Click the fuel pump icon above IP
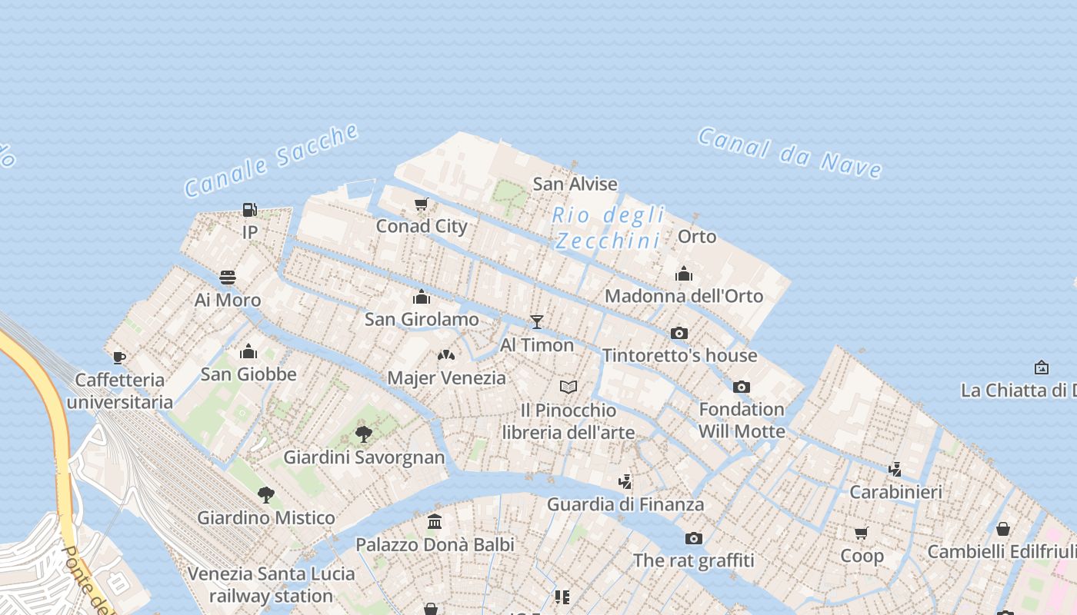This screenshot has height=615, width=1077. point(249,209)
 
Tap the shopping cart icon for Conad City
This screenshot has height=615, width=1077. point(421,204)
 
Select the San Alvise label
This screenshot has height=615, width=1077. point(575,184)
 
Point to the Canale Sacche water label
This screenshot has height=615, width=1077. point(271,160)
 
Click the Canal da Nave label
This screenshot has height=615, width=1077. point(789,153)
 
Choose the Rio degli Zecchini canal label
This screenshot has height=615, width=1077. point(608,228)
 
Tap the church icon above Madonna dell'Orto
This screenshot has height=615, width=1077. point(684,274)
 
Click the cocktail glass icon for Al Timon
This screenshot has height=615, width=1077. point(537,322)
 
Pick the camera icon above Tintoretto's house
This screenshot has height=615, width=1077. point(679,333)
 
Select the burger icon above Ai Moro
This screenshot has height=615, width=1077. point(227,277)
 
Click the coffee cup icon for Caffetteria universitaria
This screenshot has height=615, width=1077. point(118,357)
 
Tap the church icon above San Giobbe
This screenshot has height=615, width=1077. point(248,351)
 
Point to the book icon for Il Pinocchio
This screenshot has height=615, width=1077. point(569,387)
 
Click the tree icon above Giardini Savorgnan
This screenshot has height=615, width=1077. point(364,434)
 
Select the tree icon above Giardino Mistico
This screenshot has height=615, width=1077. point(266,494)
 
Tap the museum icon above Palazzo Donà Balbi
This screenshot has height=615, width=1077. point(435,521)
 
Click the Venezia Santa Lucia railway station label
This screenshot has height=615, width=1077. point(271,584)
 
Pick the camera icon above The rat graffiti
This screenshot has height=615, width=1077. point(694,538)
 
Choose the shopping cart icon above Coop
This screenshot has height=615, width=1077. point(862,532)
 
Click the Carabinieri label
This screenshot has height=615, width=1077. point(895,492)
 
